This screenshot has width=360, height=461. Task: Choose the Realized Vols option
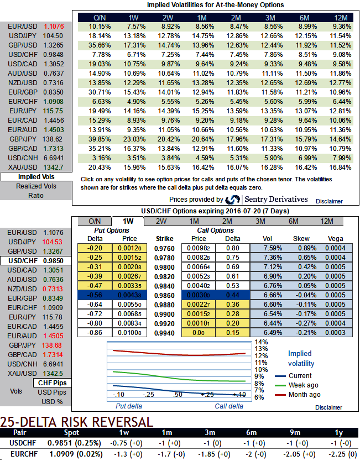36,186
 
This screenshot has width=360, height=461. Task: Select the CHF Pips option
51,383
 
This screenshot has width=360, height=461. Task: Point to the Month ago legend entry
304,395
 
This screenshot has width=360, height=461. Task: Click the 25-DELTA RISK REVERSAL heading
76,422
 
